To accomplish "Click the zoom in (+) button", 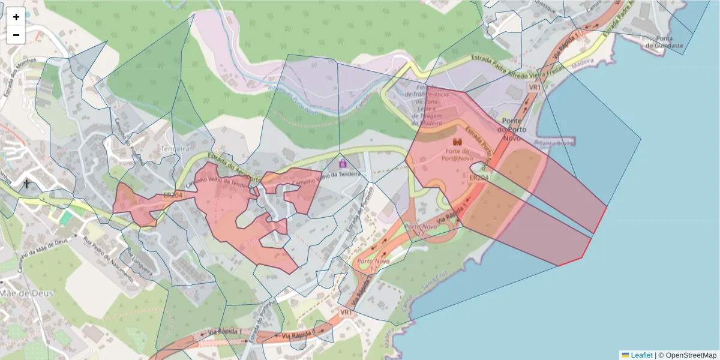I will pos(16,17).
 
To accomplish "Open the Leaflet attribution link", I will pos(641,355).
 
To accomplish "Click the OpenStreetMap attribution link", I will pos(689,355).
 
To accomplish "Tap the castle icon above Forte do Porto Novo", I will pos(458,142).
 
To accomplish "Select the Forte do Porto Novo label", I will pos(458,155).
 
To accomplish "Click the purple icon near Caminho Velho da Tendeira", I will pos(343,163).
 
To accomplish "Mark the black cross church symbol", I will pos(26,184).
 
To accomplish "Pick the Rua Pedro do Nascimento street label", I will pos(109,255).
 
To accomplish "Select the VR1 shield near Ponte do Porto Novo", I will pos(534,87).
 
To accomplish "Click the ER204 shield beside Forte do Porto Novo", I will pos(478,178).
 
